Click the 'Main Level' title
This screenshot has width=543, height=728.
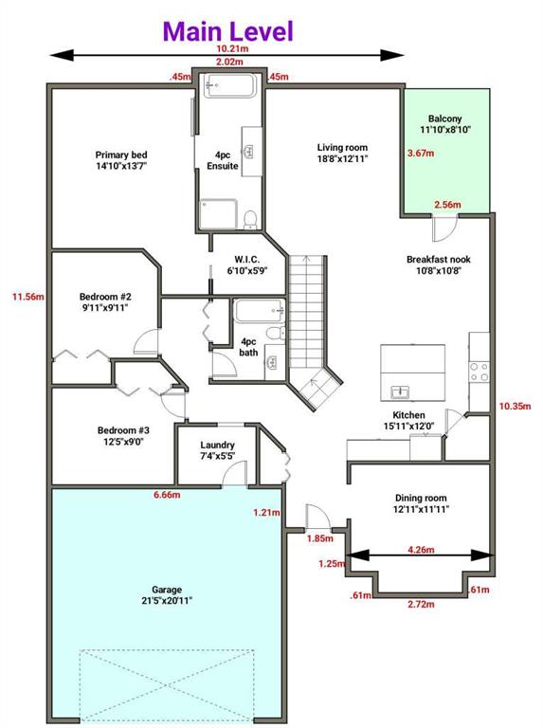(228, 31)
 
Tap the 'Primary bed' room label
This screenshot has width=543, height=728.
(121, 155)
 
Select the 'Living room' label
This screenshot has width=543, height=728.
(342, 148)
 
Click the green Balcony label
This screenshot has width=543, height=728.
(444, 118)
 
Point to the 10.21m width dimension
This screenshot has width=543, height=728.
(232, 48)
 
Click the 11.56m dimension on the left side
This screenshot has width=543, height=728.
(28, 297)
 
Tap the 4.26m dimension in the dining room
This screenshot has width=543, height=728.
(421, 550)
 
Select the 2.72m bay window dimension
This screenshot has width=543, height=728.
(421, 604)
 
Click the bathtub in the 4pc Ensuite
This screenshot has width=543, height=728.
(229, 86)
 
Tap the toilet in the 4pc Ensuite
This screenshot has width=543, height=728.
(250, 220)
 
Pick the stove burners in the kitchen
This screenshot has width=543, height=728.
(479, 372)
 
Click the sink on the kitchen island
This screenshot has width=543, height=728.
(400, 392)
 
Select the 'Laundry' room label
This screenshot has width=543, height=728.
(217, 445)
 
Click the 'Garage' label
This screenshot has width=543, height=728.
(167, 590)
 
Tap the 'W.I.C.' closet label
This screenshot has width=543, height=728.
(247, 260)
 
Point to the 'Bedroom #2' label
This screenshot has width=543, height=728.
(105, 297)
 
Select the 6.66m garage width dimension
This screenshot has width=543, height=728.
(167, 495)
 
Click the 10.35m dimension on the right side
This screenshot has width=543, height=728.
(516, 407)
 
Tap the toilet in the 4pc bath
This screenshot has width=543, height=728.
(274, 332)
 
